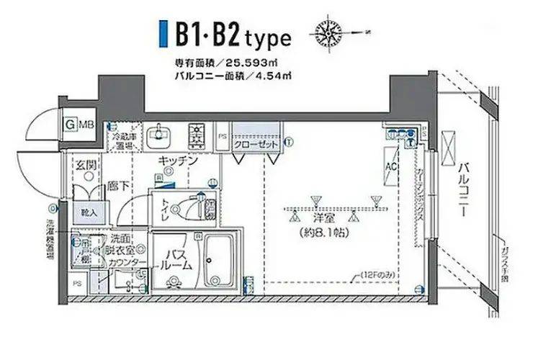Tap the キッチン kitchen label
(178, 161)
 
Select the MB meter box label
(86, 125)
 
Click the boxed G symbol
(71, 125)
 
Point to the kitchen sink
(158, 135)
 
